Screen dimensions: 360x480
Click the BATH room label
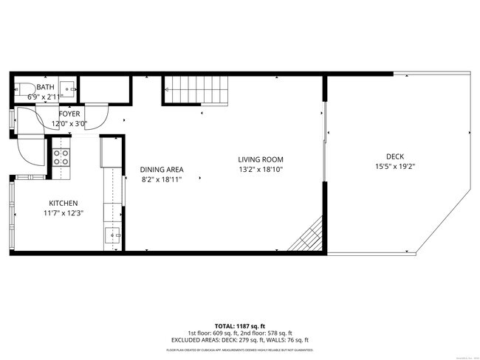pyautogui.click(x=46, y=87)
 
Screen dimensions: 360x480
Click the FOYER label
pyautogui.click(x=69, y=114)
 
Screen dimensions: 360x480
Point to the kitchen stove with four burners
pyautogui.click(x=61, y=157)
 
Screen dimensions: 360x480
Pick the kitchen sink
pyautogui.click(x=113, y=236)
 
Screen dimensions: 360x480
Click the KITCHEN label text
pyautogui.click(x=64, y=203)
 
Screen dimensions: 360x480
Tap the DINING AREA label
pyautogui.click(x=161, y=169)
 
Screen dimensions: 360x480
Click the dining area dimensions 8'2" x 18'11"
pyautogui.click(x=161, y=179)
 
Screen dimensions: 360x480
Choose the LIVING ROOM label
pyautogui.click(x=261, y=159)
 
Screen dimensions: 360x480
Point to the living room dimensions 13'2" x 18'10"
pyautogui.click(x=261, y=169)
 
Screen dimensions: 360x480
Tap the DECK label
pyautogui.click(x=394, y=156)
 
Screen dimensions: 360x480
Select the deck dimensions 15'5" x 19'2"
pyautogui.click(x=394, y=166)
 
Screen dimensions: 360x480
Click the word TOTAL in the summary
pyautogui.click(x=225, y=326)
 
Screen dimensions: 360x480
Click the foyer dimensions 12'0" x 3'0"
pyautogui.click(x=69, y=123)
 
